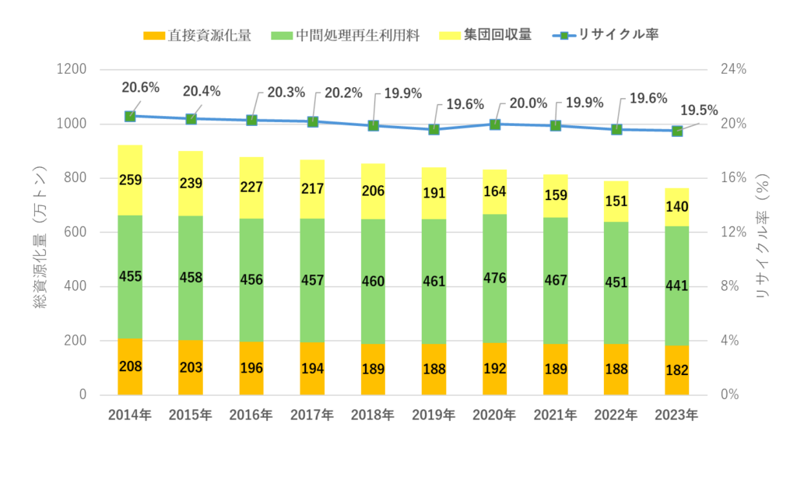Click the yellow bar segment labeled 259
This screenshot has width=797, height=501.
pos(130,180)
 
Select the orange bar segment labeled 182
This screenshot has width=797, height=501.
pos(676,370)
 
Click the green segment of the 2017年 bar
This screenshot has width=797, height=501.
pos(312,280)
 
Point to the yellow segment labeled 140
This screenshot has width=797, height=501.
pos(676,207)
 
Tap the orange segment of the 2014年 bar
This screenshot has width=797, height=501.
pos(130,366)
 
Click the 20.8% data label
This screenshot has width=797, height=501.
pos(141,87)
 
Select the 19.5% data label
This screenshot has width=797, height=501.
pos(699,110)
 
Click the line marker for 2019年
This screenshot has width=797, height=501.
pos(434,129)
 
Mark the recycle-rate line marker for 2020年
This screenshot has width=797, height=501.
pos(495,124)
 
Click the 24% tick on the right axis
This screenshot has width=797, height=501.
pos(732,69)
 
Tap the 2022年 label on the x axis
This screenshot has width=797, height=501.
pos(616,415)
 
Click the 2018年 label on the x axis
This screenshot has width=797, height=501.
pos(373,415)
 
